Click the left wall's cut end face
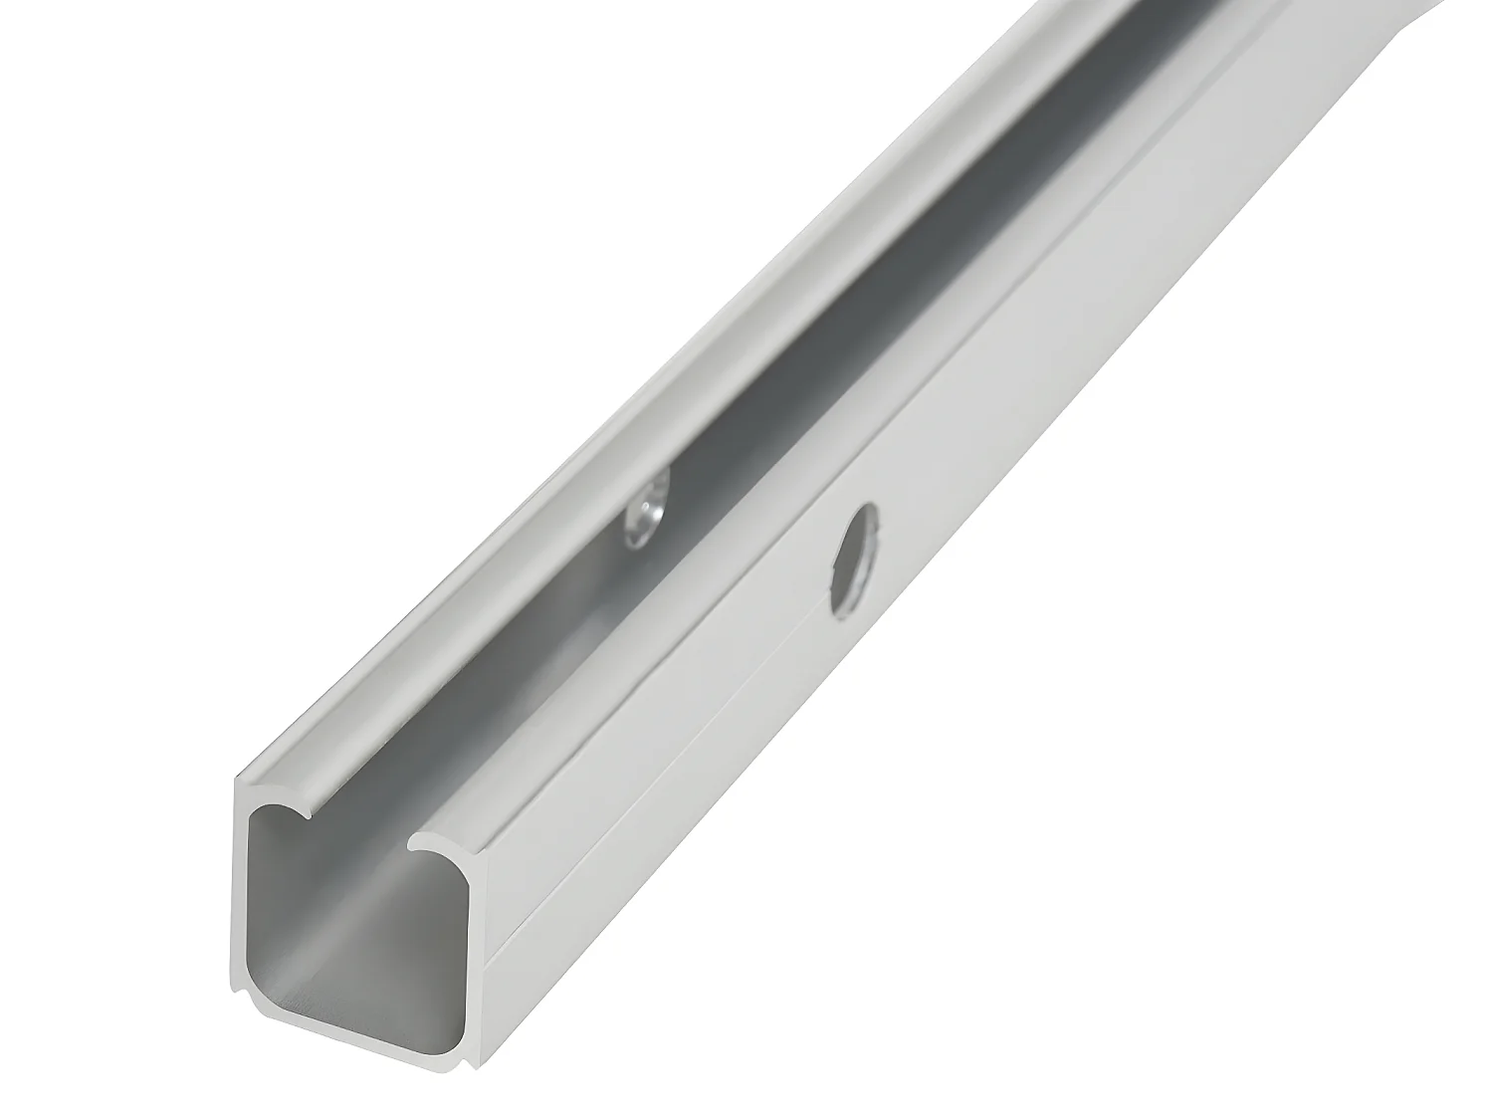click(243, 896)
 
